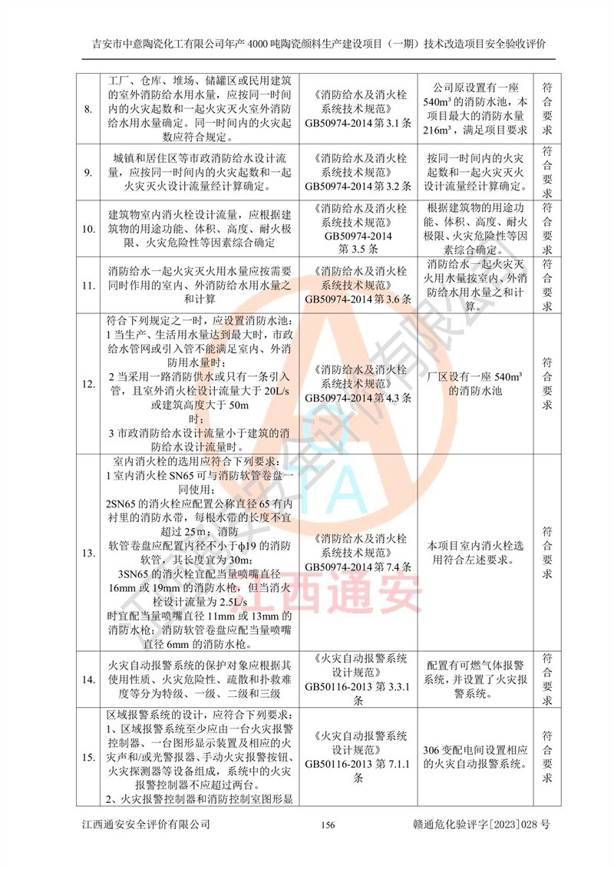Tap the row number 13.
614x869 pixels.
88,553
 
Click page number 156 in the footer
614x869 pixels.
327,824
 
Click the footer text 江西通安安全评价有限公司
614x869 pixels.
146,824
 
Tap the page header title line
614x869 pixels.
307,43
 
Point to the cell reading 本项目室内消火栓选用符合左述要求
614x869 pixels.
475,553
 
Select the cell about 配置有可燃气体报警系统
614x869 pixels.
475,679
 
